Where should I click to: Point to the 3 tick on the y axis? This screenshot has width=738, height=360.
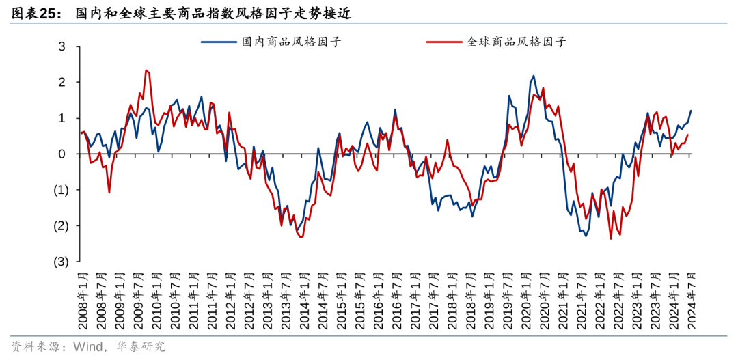(61, 46)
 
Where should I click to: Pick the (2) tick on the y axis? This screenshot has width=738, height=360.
(60, 225)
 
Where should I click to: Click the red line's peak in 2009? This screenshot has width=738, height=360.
(146, 70)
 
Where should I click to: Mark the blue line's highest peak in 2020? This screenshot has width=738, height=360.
(534, 76)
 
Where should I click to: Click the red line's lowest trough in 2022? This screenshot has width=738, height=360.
(610, 238)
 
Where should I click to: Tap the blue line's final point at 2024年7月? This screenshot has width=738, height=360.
(691, 110)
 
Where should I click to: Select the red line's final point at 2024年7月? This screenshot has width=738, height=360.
(687, 135)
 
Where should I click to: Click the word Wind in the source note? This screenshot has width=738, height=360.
(81, 346)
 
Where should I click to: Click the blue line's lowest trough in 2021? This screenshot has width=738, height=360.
(586, 236)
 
